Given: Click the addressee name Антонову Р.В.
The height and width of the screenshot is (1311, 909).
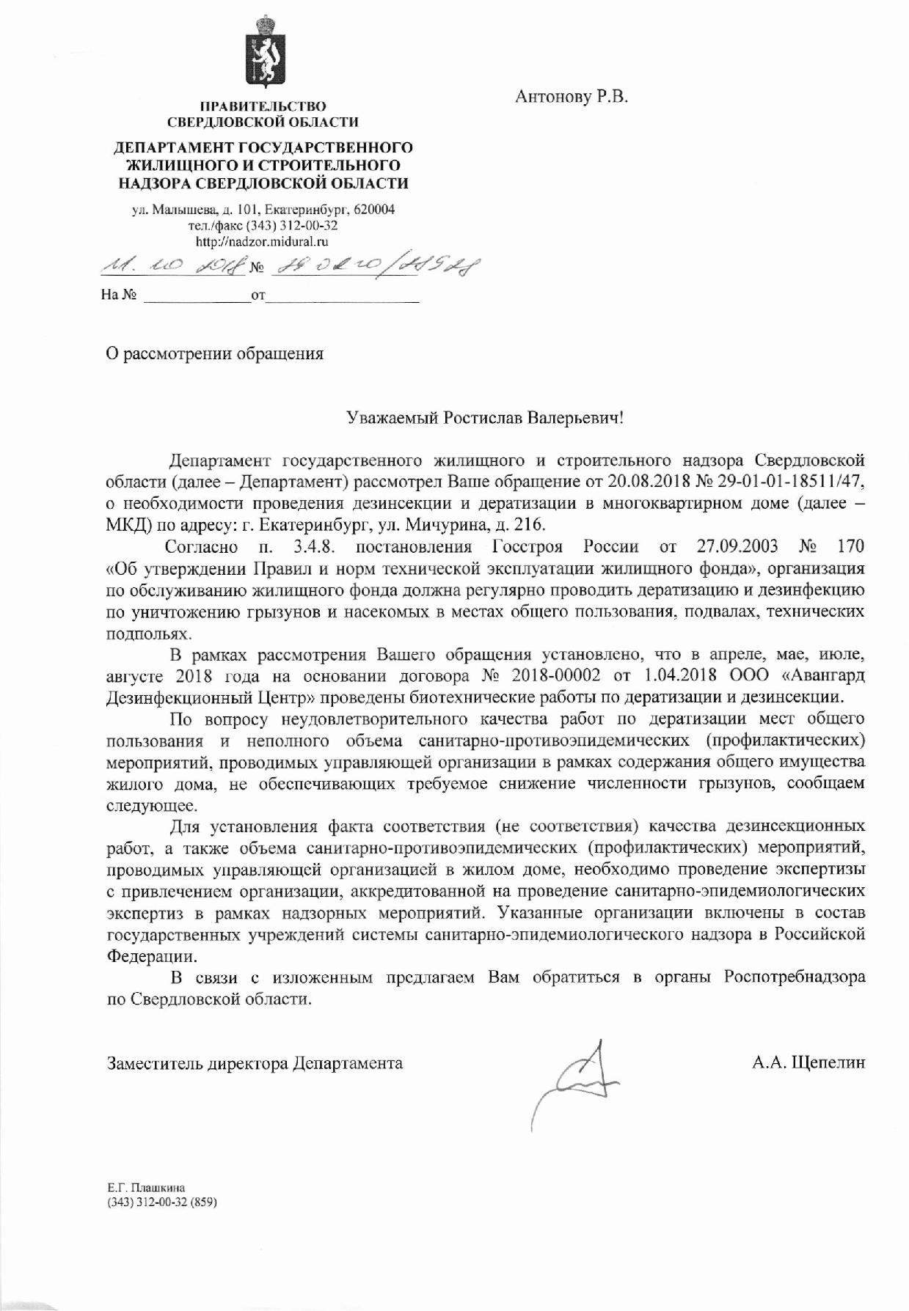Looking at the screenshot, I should [572, 97].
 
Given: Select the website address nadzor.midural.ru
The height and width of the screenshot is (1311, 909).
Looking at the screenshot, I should [262, 240].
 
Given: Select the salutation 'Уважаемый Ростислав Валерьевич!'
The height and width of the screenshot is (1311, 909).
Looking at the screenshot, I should [485, 419].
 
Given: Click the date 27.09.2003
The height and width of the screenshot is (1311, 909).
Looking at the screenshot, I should [735, 546].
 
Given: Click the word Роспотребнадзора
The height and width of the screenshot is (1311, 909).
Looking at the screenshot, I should [794, 977].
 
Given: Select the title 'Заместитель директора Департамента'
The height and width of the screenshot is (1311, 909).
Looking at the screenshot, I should [255, 1062].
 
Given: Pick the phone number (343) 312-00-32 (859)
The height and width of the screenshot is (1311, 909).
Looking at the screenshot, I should [163, 1202].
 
